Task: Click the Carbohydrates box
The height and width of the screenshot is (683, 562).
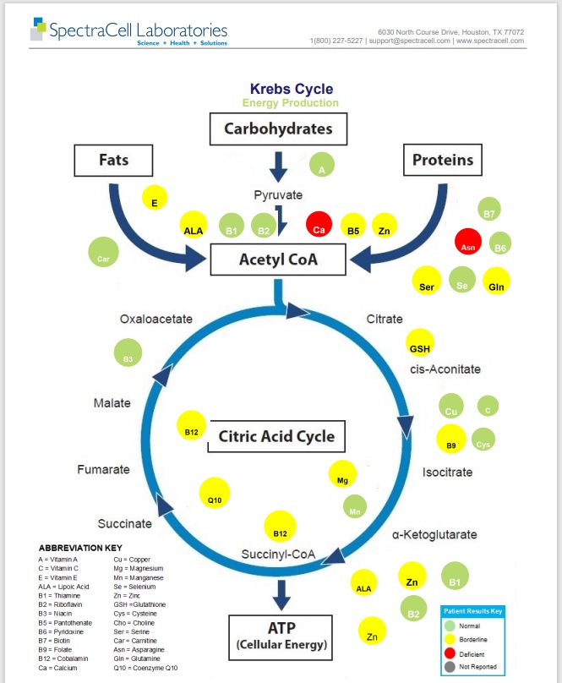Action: coord(279,129)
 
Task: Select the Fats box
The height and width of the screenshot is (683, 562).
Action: coord(113,159)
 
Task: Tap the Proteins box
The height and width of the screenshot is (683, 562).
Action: coord(442,159)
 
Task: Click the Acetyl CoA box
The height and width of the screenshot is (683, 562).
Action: coord(279,260)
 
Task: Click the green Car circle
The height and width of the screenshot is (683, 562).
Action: coord(102,253)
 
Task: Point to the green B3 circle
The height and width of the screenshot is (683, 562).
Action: coord(128,352)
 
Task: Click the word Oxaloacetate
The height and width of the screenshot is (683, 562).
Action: coord(156,320)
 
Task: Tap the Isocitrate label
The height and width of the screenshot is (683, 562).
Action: coord(447,472)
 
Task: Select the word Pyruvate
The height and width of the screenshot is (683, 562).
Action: coord(278,195)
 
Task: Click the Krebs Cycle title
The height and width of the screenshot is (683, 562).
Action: coord(292,89)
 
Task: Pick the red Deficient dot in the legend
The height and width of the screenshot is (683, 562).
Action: coord(450,653)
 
